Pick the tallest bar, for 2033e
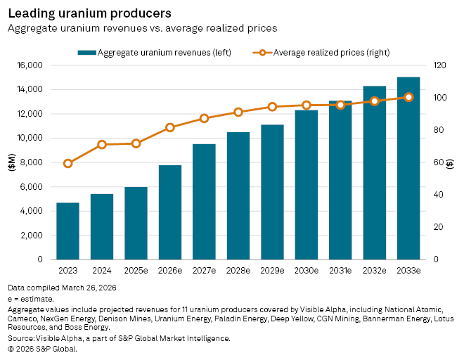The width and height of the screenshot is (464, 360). click(x=408, y=168)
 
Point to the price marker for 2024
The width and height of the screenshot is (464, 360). click(x=102, y=145)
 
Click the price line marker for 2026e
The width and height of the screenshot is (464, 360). click(x=170, y=127)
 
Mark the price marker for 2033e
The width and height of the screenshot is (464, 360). click(x=408, y=97)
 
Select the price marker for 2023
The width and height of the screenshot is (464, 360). click(x=68, y=163)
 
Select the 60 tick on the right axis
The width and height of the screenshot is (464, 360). click(x=438, y=162)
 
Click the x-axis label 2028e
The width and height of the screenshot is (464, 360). click(x=238, y=270)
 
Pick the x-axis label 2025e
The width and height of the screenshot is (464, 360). click(x=136, y=270)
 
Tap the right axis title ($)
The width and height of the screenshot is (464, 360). click(x=449, y=162)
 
